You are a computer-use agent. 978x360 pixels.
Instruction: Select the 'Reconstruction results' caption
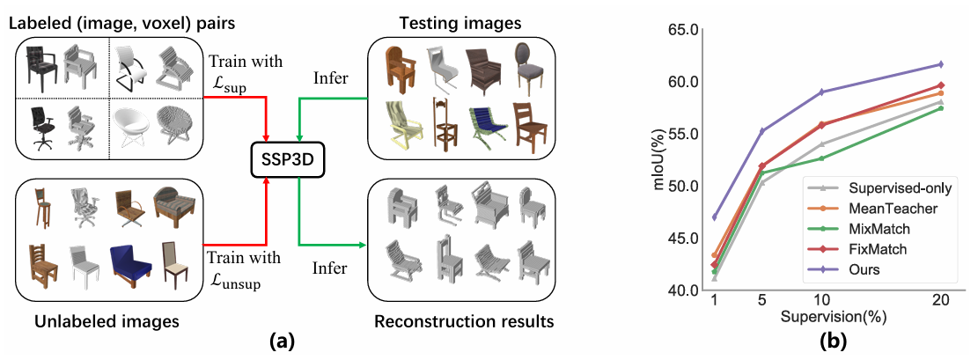coord(463,322)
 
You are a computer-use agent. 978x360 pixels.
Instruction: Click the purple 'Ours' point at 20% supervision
coord(940,64)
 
